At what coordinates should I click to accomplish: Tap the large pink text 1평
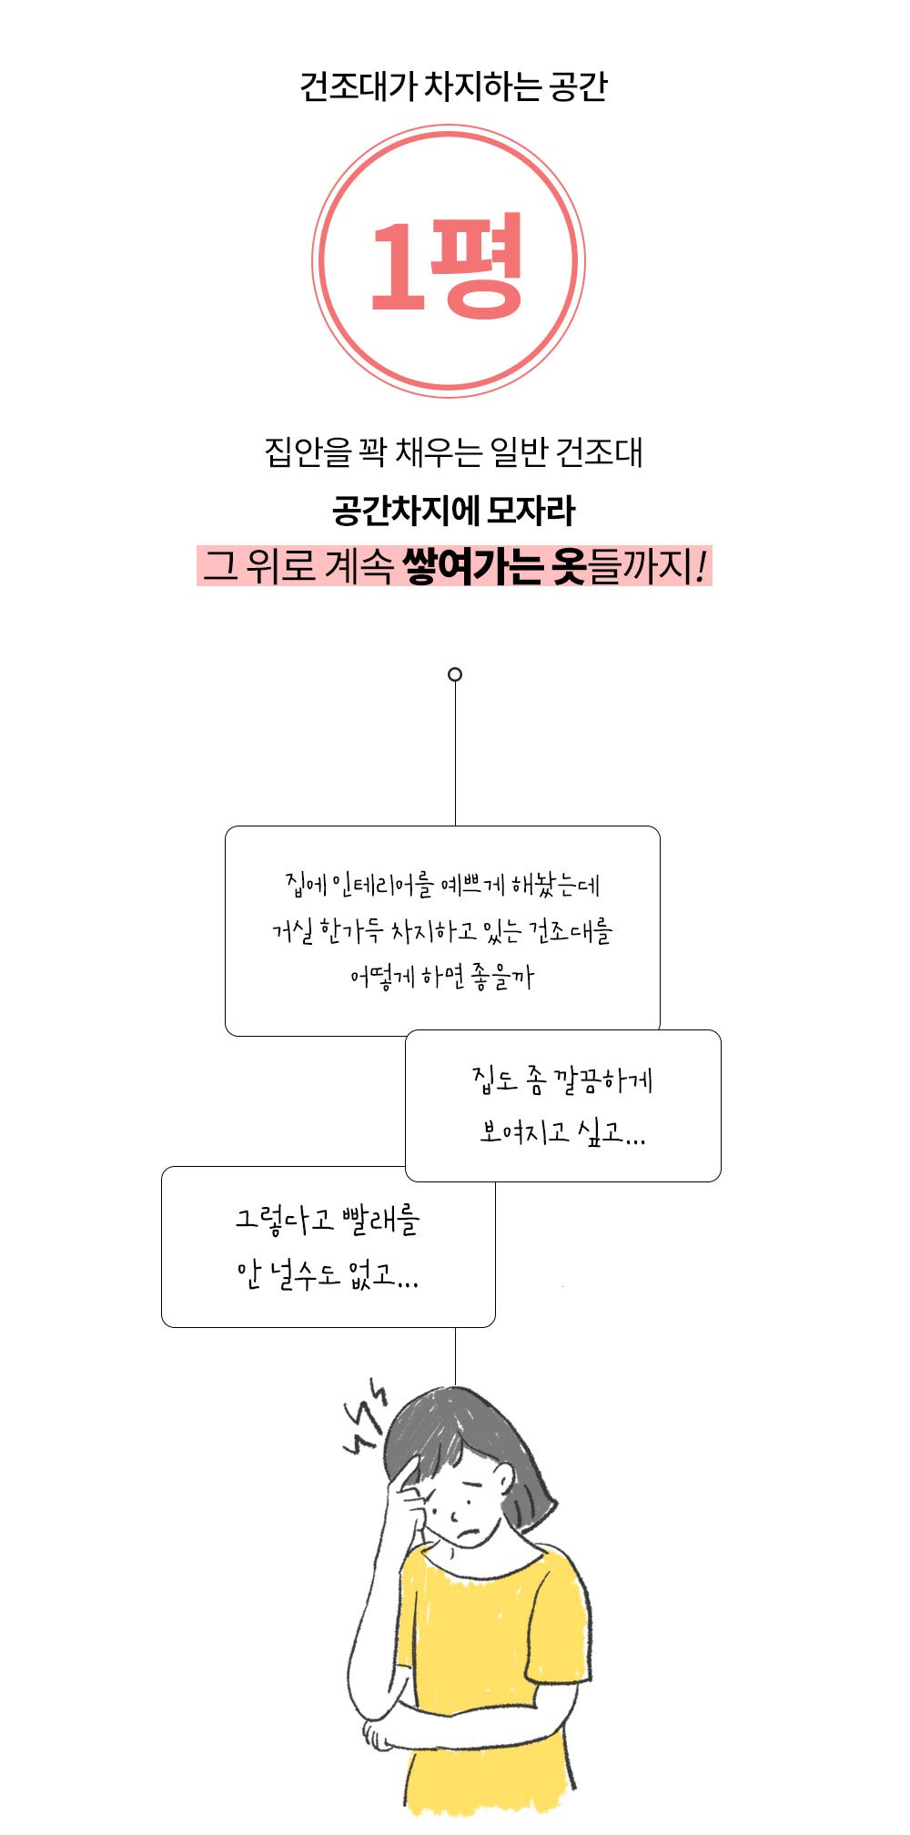447,265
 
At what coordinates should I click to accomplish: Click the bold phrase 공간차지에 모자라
453,510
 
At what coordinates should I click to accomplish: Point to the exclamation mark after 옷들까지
700,565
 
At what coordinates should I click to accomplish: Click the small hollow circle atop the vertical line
455,674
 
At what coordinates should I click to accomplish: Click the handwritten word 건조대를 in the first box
571,931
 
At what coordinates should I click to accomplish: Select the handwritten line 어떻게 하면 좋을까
442,978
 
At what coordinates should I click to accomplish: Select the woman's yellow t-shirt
487,1684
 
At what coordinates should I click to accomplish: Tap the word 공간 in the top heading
578,87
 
